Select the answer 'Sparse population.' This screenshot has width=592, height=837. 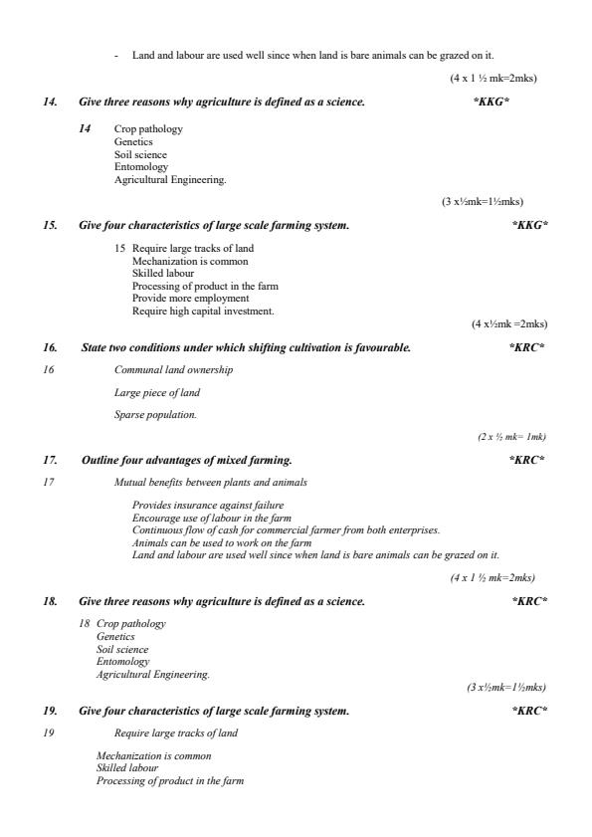155,414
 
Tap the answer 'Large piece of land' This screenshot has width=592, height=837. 157,393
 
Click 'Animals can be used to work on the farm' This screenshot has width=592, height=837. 214,542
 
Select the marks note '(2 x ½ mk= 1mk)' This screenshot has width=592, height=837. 511,437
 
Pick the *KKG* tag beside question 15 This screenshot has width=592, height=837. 529,225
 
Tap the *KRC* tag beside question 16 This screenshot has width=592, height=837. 526,347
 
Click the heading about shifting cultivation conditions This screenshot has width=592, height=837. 245,347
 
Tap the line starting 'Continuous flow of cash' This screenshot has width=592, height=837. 286,529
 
